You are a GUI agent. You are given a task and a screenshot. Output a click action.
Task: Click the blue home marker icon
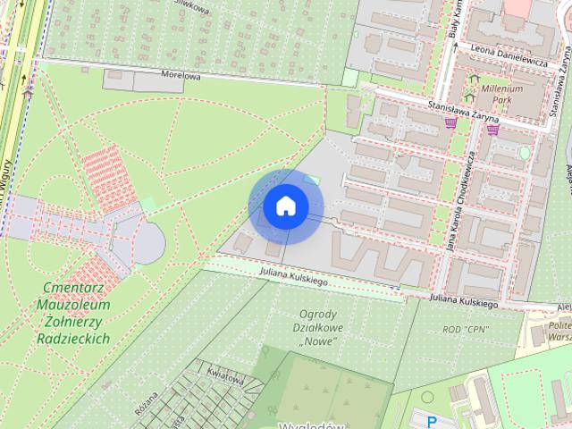[285, 206]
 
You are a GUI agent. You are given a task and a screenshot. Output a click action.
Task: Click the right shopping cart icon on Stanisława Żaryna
[492, 129]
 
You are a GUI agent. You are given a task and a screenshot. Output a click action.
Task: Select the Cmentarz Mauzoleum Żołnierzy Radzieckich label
[74, 313]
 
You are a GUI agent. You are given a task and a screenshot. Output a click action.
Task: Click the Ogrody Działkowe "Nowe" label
[317, 327]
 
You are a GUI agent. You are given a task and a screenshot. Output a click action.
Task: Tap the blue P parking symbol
[433, 421]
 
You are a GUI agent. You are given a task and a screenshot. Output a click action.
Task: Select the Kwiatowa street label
[225, 374]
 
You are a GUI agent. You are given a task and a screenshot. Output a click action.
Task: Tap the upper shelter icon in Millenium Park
[471, 78]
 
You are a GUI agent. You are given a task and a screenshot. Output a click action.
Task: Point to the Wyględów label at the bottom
[311, 425]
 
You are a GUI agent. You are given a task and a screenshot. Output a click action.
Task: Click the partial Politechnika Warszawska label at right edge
[559, 332]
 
